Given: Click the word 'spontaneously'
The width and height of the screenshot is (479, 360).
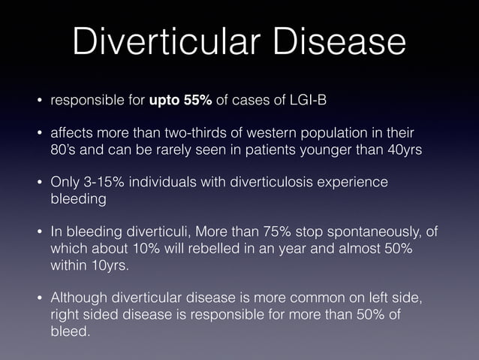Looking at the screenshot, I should click(374, 232).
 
